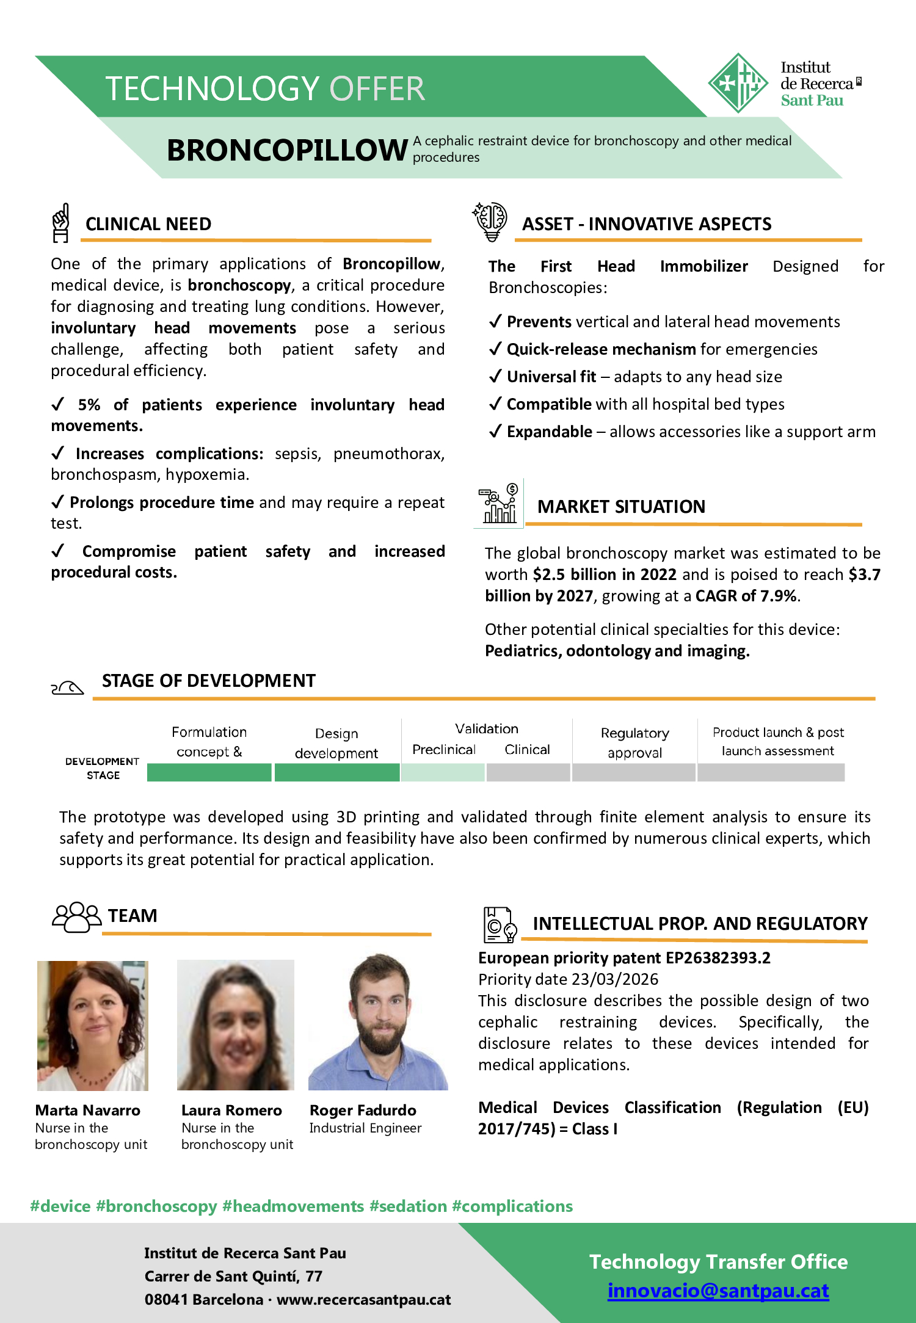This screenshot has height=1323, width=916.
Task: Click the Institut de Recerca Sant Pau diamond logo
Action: [738, 83]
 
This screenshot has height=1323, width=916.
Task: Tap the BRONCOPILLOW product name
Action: [287, 150]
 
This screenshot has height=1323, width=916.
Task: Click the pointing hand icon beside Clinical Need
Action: [60, 223]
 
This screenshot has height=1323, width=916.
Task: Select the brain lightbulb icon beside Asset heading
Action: [490, 221]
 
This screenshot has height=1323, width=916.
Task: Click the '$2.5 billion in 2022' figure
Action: [605, 575]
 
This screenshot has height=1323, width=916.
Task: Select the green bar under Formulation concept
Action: [209, 773]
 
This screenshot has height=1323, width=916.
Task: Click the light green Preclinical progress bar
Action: [443, 773]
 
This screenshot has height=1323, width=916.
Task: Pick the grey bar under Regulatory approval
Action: [634, 773]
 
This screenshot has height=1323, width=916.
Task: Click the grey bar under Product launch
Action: [771, 773]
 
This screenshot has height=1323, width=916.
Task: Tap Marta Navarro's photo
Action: [93, 1026]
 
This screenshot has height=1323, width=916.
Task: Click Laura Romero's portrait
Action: [235, 1026]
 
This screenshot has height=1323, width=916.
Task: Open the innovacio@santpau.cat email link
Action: [718, 1291]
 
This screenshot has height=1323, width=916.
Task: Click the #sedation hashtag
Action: [408, 1206]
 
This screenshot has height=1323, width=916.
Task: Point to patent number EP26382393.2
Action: [718, 958]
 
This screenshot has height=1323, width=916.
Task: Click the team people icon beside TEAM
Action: [76, 916]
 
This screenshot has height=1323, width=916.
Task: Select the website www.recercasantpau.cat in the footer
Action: [363, 1300]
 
